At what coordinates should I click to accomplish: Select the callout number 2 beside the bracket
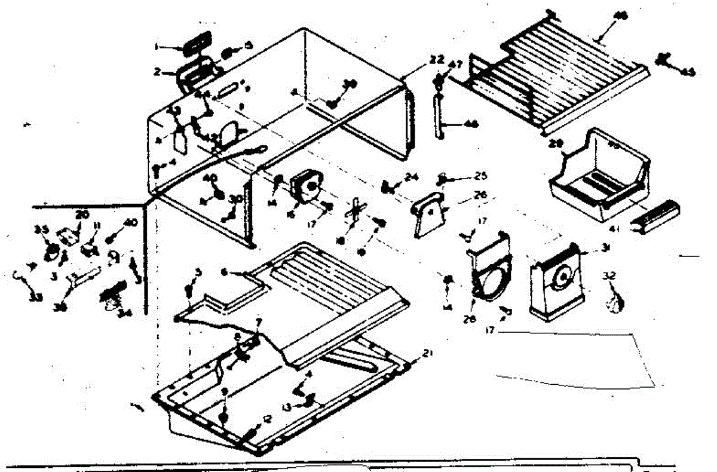(157, 72)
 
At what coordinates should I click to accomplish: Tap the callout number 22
(437, 60)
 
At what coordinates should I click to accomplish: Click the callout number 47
(456, 65)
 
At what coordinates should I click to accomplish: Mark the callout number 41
(631, 229)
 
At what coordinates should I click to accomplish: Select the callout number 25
(464, 177)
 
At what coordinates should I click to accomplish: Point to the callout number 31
(606, 250)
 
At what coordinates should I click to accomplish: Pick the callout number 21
(426, 353)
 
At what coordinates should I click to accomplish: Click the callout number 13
(287, 406)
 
